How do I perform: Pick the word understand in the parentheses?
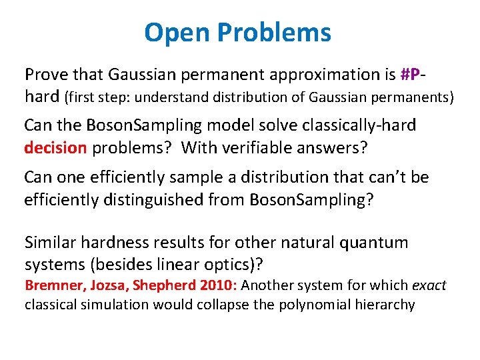[x=175, y=97]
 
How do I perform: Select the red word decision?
[x=55, y=147]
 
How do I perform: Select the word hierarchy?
[x=385, y=305]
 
